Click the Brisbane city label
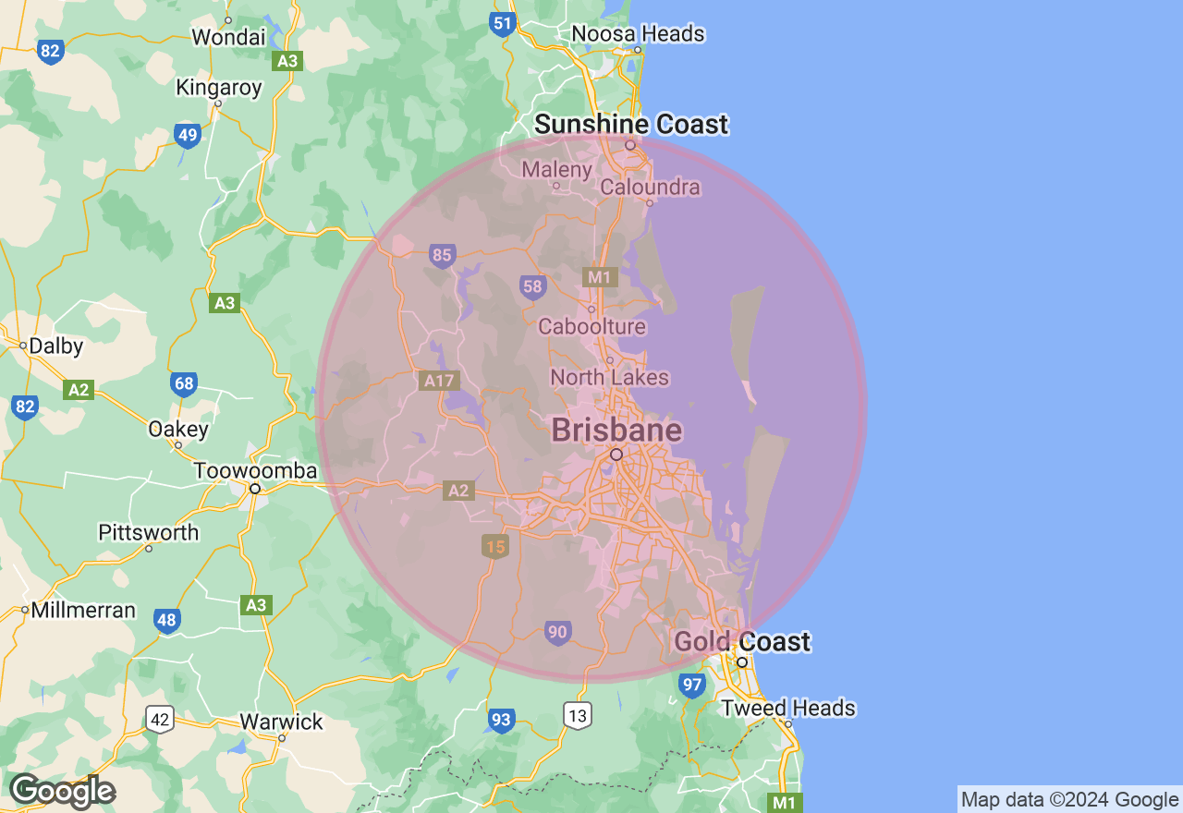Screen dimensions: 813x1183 tap(616, 431)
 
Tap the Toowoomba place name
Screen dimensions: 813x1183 tap(255, 471)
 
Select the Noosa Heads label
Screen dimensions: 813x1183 tap(638, 34)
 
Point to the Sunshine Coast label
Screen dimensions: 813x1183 tap(631, 124)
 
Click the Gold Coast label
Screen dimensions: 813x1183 tap(742, 642)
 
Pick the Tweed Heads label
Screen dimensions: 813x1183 tap(787, 709)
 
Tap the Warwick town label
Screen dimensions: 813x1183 tap(281, 722)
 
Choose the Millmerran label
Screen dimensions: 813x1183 tap(83, 611)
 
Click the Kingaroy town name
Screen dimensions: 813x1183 tap(219, 89)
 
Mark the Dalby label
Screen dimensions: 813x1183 tap(55, 346)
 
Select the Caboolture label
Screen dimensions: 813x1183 tap(591, 326)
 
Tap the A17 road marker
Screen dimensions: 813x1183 tap(439, 380)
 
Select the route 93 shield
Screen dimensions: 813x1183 tap(501, 719)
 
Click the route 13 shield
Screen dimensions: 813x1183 tap(579, 714)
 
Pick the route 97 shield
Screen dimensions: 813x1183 tap(691, 685)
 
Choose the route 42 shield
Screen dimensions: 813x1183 tap(160, 718)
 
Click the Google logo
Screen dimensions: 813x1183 tap(62, 791)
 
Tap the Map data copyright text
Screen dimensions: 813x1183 tap(1069, 800)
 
